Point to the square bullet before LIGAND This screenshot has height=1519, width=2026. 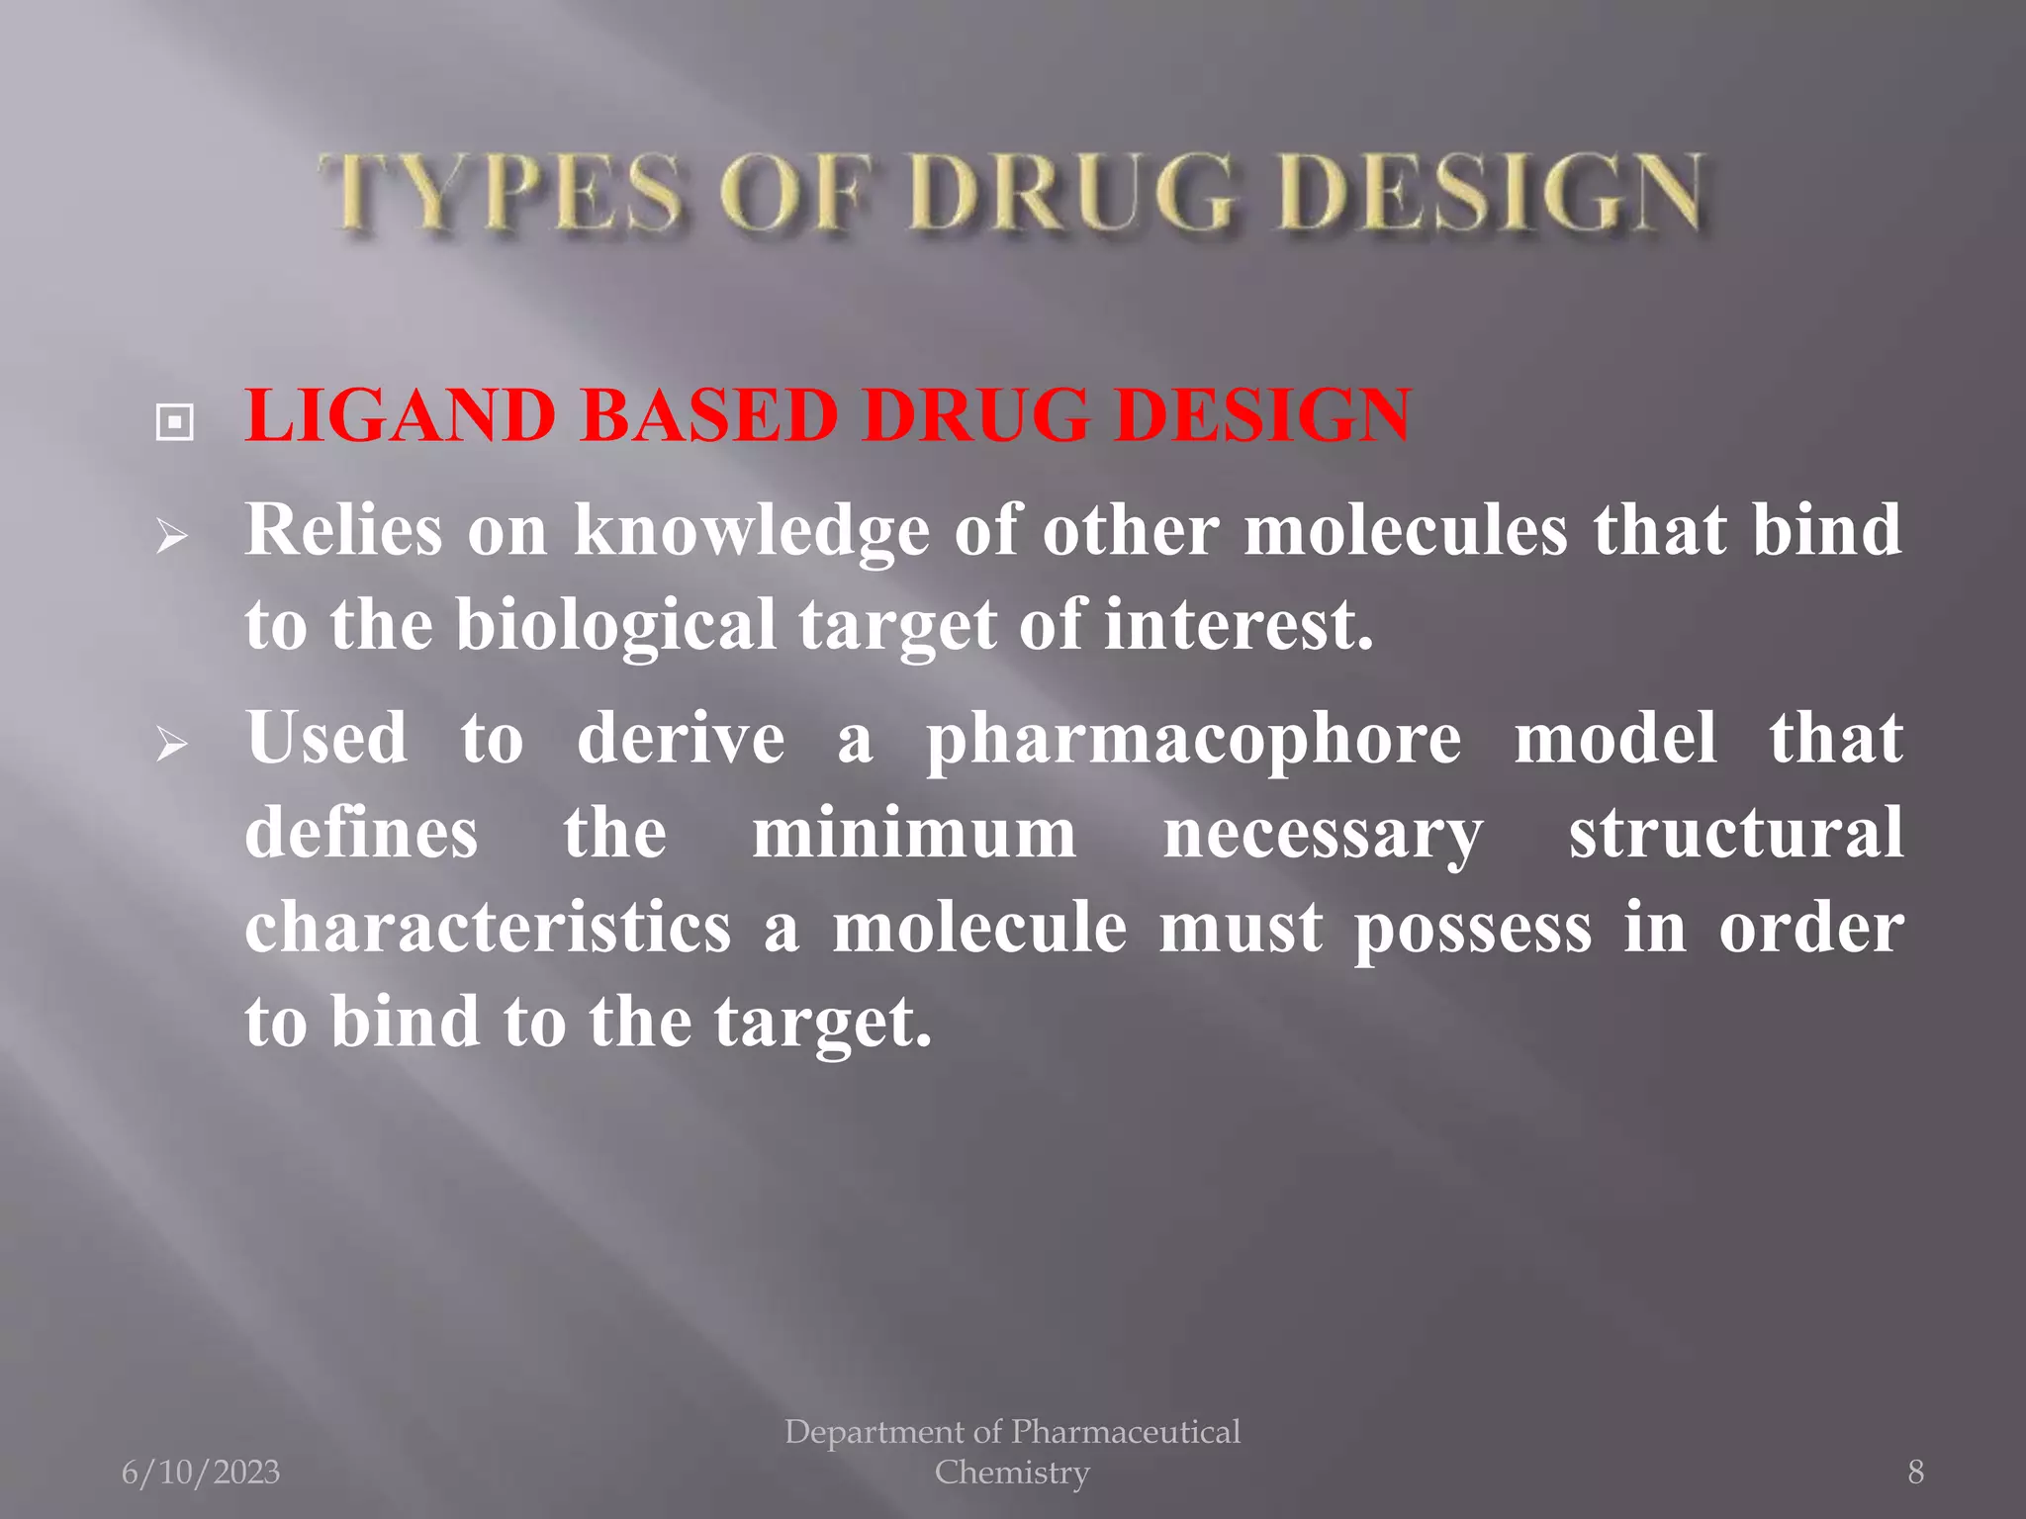pyautogui.click(x=175, y=423)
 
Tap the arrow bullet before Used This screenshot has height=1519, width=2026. pyautogui.click(x=172, y=744)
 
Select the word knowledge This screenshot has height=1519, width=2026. pyautogui.click(x=751, y=532)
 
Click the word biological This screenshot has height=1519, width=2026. pyautogui.click(x=615, y=625)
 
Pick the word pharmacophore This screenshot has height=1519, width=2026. pyautogui.click(x=1192, y=740)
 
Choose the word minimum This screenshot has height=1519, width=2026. pyautogui.click(x=914, y=833)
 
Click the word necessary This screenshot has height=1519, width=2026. pyautogui.click(x=1323, y=835)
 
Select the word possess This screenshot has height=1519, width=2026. pyautogui.click(x=1473, y=930)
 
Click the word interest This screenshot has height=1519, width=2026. pyautogui.click(x=1238, y=625)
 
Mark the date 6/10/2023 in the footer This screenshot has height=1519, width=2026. pyautogui.click(x=201, y=1472)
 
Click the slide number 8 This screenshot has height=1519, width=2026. pyautogui.click(x=1915, y=1472)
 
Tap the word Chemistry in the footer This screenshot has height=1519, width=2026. pyautogui.click(x=1012, y=1472)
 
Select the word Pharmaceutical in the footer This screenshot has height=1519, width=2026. pyautogui.click(x=1126, y=1431)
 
